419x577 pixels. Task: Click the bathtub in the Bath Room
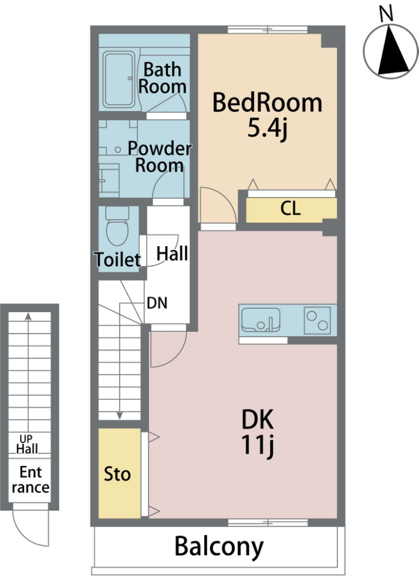[118, 79]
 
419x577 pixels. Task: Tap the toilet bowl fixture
[117, 225]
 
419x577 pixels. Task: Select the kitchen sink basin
[261, 319]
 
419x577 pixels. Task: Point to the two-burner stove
[317, 321]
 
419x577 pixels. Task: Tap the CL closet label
[290, 208]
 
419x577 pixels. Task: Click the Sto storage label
[117, 474]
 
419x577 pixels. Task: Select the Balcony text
[219, 547]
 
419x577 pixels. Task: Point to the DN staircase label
[157, 303]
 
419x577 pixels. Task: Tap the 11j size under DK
[258, 445]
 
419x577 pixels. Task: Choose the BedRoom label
[267, 103]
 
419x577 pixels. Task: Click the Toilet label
[118, 259]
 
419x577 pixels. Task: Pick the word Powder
[160, 148]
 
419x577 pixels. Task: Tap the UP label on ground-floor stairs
[26, 438]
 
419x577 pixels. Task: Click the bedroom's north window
[267, 29]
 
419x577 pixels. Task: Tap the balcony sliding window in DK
[268, 522]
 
